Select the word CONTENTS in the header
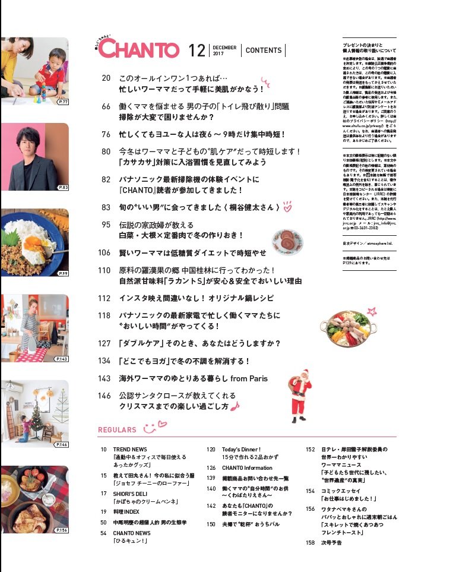[x=263, y=50]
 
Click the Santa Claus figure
[x=300, y=394]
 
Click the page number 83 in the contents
[x=106, y=207]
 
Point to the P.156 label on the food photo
[x=61, y=530]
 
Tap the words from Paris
[x=252, y=378]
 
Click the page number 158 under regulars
[x=310, y=543]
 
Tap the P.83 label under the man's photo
[x=63, y=188]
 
